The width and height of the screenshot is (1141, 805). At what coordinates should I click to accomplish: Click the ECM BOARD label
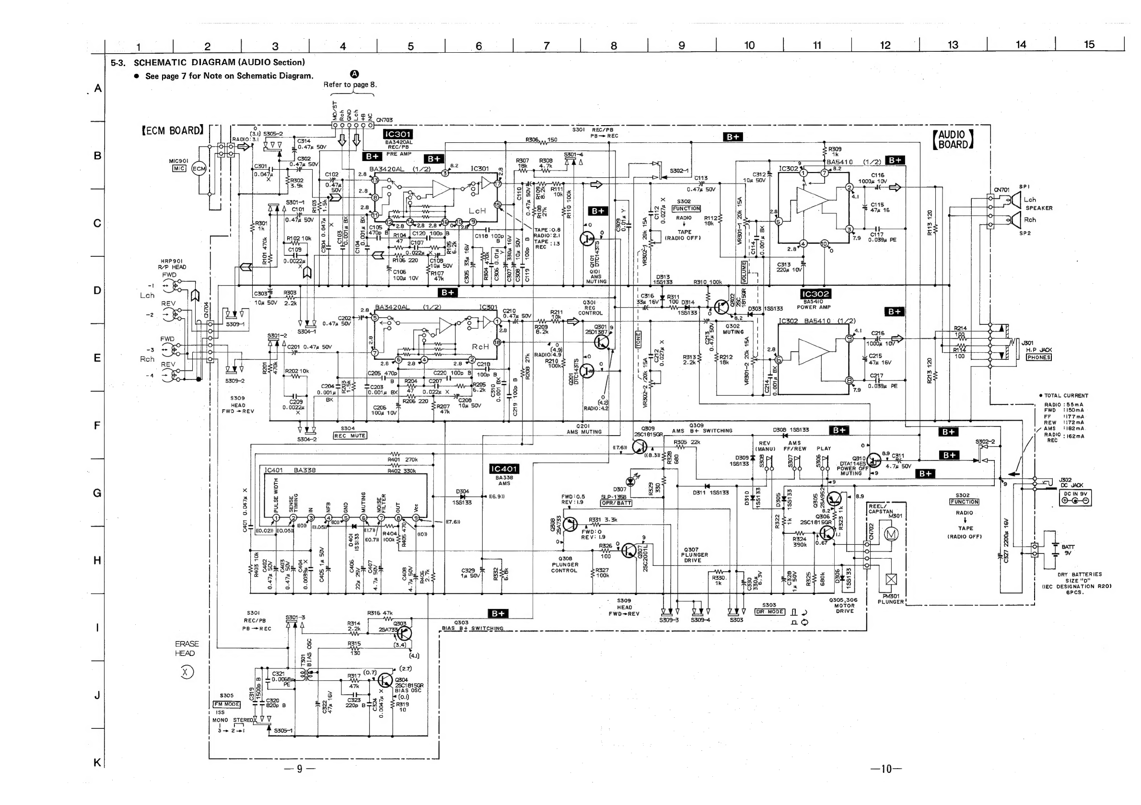point(173,131)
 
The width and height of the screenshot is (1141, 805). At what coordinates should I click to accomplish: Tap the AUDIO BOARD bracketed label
point(953,139)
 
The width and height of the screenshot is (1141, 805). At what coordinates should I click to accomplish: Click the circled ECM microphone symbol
point(199,169)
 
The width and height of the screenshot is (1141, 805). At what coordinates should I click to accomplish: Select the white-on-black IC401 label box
point(504,469)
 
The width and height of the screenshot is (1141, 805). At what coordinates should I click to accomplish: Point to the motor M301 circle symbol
point(889,534)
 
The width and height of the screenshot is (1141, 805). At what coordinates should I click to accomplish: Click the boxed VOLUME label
point(744,272)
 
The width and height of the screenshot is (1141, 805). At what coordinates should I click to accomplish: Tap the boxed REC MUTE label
point(350,436)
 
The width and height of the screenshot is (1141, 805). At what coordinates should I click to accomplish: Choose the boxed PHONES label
point(1038,357)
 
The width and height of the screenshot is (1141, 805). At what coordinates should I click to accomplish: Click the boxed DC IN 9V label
point(1075,494)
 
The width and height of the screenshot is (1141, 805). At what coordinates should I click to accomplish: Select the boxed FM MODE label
point(227,704)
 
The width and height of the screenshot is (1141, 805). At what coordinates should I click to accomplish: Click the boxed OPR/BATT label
point(616,503)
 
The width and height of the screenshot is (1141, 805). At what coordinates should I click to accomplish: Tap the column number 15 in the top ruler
point(1089,45)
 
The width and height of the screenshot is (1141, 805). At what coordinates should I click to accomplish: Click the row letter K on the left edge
point(97,762)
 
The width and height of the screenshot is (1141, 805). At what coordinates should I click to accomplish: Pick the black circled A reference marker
point(354,74)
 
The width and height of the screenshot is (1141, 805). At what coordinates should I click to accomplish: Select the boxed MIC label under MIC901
point(179,168)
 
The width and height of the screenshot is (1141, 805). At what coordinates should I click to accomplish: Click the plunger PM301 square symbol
point(892,579)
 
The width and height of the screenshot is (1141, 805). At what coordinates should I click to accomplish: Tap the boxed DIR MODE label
point(770,612)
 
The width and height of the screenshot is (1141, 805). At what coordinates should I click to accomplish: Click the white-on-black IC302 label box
point(815,294)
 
